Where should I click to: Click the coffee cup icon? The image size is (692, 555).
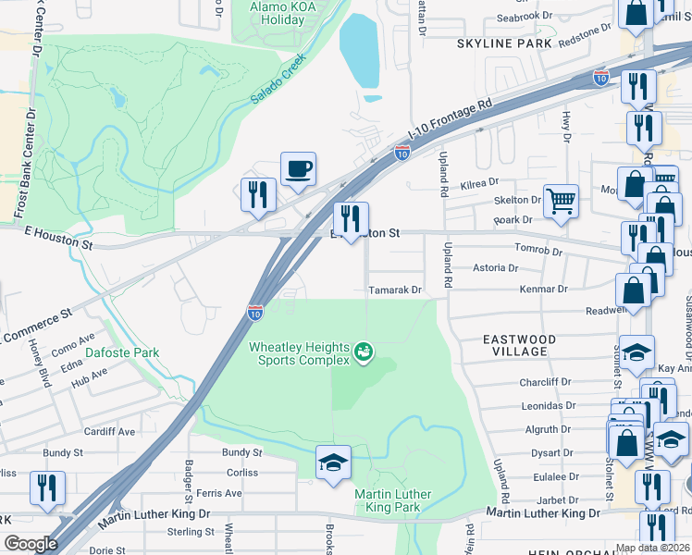coord(298,169)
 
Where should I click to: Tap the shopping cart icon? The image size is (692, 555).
coord(561,201)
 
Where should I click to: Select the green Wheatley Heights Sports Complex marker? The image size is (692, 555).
coord(364,352)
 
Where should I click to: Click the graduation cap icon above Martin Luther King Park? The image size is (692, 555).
coord(333,462)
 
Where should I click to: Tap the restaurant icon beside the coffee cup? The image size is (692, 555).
coord(257,193)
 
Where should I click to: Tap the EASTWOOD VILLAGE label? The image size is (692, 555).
coord(520,346)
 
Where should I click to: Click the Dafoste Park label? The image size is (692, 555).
coord(122,352)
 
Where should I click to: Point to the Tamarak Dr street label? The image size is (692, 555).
coord(395,290)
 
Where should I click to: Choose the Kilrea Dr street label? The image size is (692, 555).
coord(479,183)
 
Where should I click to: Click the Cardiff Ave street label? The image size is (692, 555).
coord(109,431)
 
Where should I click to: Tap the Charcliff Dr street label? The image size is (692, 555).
coord(546,382)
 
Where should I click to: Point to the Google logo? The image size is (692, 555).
coord(31,544)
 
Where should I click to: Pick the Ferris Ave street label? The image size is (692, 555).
coord(219,493)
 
